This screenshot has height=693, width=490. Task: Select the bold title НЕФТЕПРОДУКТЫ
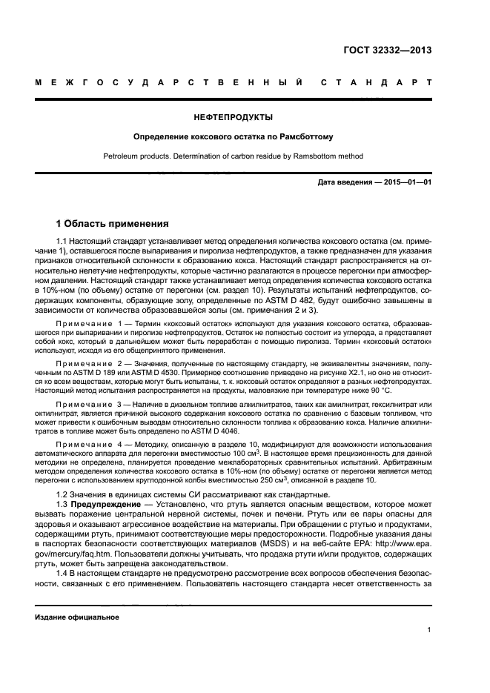(x=234, y=117)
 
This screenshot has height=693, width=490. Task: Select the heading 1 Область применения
(x=113, y=223)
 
